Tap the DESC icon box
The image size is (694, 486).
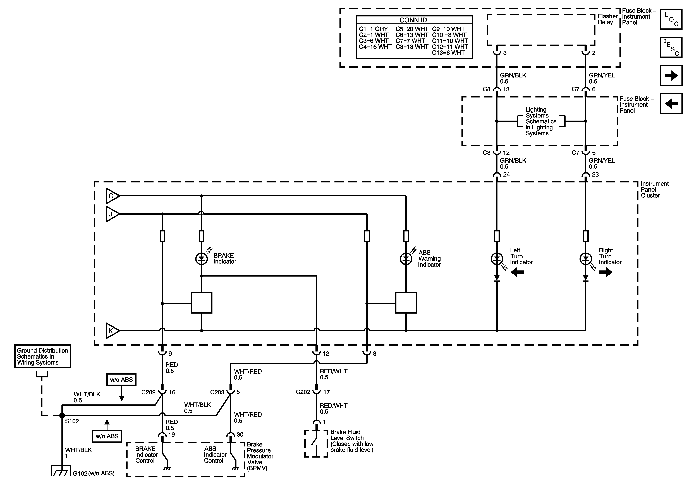click(x=671, y=47)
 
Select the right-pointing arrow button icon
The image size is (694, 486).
click(x=671, y=75)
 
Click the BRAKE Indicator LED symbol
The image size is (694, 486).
click(x=202, y=259)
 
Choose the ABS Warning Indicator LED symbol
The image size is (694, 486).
click(x=406, y=259)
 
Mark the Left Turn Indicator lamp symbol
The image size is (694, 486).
click(x=497, y=259)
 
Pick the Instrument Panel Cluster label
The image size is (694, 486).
click(x=654, y=190)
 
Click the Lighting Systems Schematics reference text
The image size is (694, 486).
click(x=541, y=121)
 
